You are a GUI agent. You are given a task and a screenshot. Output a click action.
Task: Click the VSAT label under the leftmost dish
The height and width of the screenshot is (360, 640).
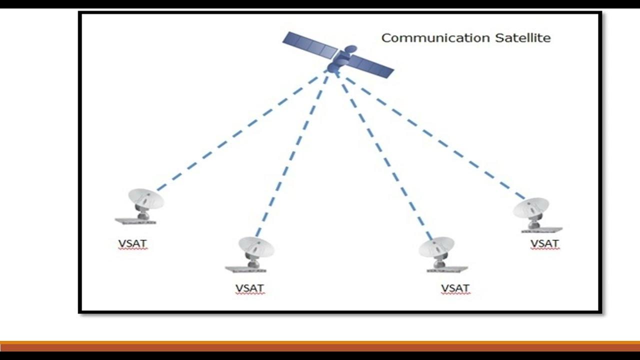[132, 244]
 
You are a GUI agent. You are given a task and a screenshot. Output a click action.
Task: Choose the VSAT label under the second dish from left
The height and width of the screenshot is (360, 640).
[249, 288]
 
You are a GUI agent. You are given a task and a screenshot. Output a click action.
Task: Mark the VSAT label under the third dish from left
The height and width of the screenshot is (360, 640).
[455, 288]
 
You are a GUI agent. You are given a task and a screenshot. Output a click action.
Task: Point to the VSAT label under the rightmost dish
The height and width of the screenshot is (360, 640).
[544, 243]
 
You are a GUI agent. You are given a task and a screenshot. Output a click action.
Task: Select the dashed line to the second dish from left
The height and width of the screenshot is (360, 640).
[292, 155]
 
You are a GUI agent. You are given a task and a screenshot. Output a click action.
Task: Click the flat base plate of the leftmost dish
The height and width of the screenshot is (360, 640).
[135, 221]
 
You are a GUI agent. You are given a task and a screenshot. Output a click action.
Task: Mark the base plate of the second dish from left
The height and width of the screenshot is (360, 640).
[245, 269]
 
